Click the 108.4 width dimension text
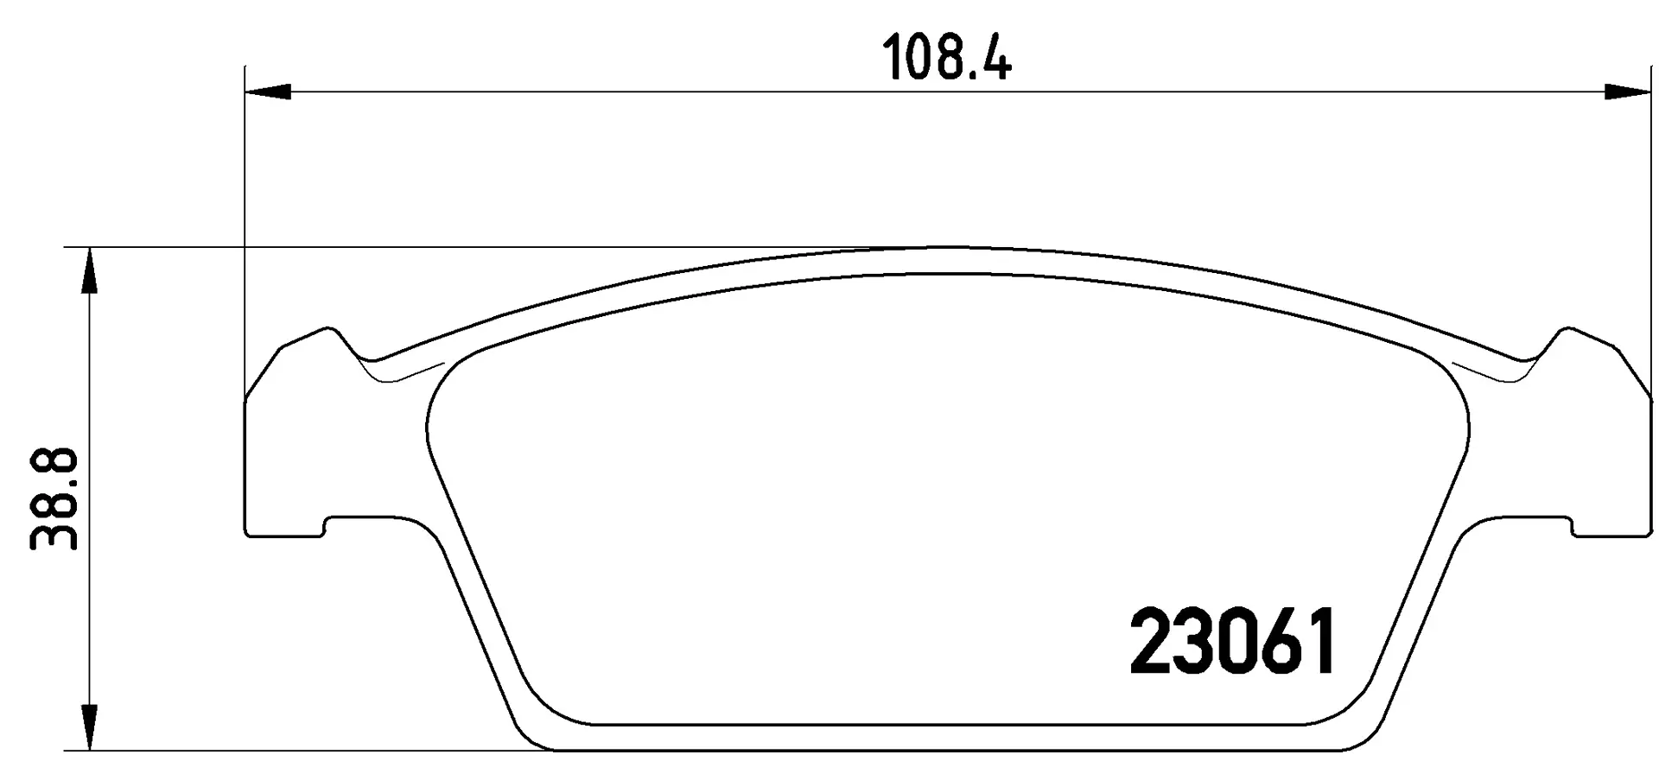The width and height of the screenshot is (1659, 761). (946, 60)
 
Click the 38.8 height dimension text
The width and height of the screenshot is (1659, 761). (54, 498)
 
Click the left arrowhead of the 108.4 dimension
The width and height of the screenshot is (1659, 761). (268, 92)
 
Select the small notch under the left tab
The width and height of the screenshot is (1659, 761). (327, 526)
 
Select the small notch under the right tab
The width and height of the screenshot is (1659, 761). (1570, 526)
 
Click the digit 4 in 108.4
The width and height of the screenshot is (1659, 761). (994, 60)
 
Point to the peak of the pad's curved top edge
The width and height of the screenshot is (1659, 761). (947, 249)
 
